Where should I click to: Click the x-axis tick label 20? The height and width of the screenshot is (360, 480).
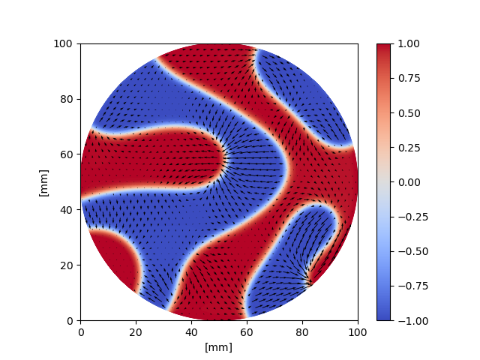pyautogui.click(x=136, y=331)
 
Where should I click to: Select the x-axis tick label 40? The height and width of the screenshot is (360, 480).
pyautogui.click(x=191, y=331)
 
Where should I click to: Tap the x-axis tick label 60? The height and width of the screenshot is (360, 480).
pyautogui.click(x=247, y=331)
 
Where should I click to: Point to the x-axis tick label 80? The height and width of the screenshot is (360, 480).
pyautogui.click(x=302, y=331)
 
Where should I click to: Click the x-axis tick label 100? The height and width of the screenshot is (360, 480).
pyautogui.click(x=358, y=331)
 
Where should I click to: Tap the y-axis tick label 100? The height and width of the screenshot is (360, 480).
pyautogui.click(x=64, y=43)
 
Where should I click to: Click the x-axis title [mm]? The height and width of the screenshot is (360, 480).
pyautogui.click(x=219, y=346)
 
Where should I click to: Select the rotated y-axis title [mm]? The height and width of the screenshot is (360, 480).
pyautogui.click(x=43, y=182)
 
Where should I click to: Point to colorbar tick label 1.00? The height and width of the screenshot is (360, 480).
pyautogui.click(x=406, y=43)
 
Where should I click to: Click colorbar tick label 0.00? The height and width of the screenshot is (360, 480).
pyautogui.click(x=406, y=182)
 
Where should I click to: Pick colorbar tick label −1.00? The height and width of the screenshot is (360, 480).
pyautogui.click(x=404, y=320)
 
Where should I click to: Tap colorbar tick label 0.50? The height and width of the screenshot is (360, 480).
pyautogui.click(x=406, y=112)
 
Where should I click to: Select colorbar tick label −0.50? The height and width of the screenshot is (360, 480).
pyautogui.click(x=404, y=251)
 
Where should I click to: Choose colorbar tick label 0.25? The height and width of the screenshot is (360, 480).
pyautogui.click(x=406, y=148)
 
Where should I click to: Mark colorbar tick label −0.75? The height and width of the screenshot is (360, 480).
pyautogui.click(x=404, y=286)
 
